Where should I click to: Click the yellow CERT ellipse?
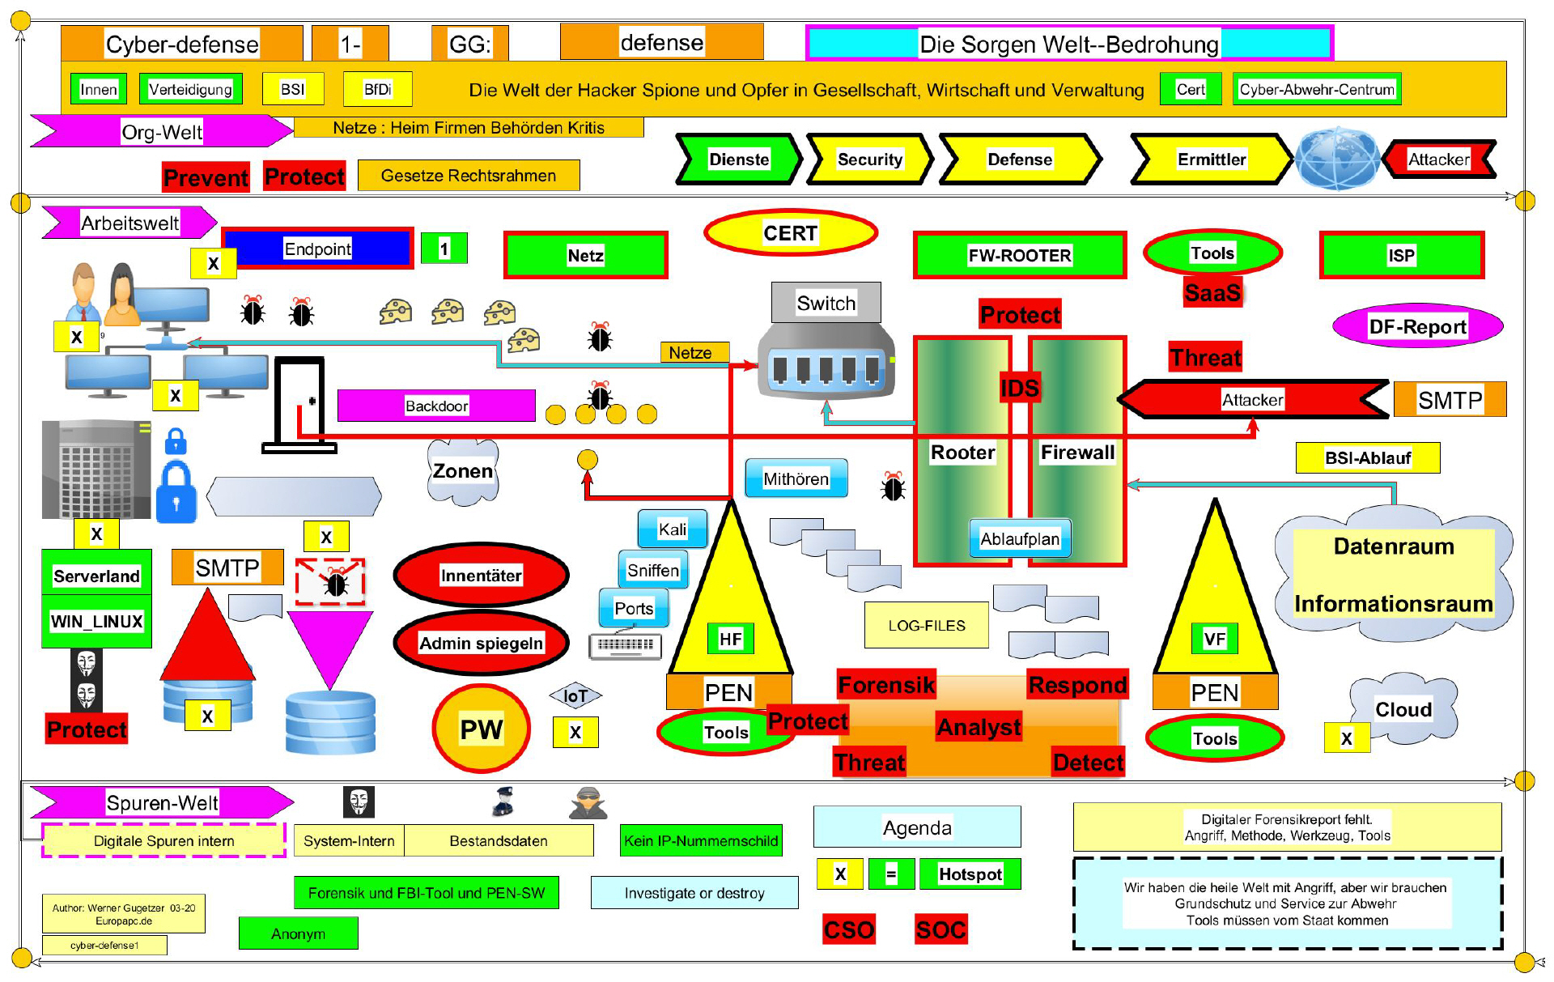tap(791, 233)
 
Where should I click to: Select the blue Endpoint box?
tap(317, 249)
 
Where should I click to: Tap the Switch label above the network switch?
tap(826, 303)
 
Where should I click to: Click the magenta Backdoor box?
tap(436, 406)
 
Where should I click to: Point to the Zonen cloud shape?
tap(462, 472)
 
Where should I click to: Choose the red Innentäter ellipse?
tap(481, 576)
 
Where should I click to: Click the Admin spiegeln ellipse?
tap(481, 644)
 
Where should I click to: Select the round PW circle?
tap(481, 729)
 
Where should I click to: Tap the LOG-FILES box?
tap(926, 626)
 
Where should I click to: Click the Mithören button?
tap(796, 478)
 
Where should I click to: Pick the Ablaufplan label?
tap(1019, 539)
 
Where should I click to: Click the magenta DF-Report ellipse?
tap(1417, 326)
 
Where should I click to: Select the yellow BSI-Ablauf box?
tap(1367, 458)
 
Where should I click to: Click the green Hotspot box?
tap(970, 874)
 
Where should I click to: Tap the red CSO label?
tap(848, 929)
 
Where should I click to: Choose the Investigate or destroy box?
tap(694, 893)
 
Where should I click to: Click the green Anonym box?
tap(298, 933)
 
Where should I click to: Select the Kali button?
tap(672, 529)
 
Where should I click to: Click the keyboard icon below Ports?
tap(626, 645)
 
